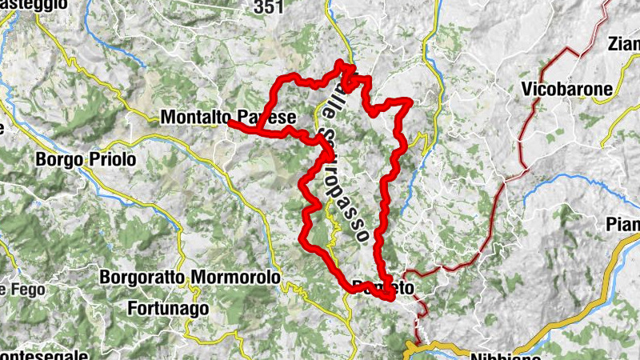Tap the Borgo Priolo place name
[x=86, y=160]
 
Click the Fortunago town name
[x=168, y=307]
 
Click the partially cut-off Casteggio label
[x=23, y=5]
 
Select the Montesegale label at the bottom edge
[x=32, y=355]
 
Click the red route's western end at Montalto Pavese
[x=231, y=122]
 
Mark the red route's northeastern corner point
[x=409, y=101]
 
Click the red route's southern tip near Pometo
[x=390, y=298]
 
